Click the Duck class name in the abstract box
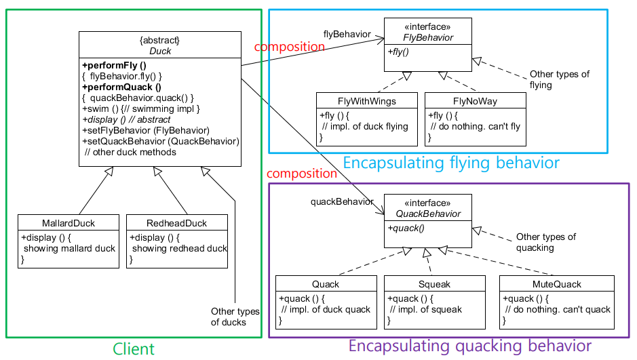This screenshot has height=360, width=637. [160, 51]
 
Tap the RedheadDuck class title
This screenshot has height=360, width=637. [176, 223]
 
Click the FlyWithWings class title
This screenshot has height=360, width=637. [366, 101]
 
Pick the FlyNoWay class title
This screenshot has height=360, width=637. [474, 101]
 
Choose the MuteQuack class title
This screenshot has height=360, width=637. [556, 284]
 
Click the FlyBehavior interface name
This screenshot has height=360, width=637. [428, 37]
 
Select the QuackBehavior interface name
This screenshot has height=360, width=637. [428, 214]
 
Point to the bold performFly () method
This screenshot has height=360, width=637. [114, 66]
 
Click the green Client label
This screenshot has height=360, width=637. [133, 349]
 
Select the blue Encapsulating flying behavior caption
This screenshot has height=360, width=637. [451, 163]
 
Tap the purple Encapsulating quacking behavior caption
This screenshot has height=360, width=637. [469, 346]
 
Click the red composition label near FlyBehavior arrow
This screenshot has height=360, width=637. [290, 47]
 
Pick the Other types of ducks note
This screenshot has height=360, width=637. [235, 317]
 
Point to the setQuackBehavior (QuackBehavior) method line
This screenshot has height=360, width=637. [160, 141]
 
